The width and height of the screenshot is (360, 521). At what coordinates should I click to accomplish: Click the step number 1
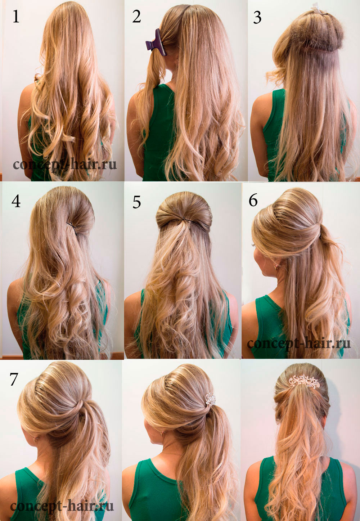point(16,17)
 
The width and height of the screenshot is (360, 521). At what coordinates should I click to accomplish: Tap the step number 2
point(136,17)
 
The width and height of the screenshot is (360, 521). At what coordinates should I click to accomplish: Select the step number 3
point(257,17)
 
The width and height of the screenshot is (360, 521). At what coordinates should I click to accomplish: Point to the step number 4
point(16,201)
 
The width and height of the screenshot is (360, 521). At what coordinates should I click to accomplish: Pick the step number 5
point(137,202)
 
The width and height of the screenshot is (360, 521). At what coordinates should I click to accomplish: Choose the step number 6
point(253,200)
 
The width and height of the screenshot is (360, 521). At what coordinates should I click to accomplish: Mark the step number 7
point(14,379)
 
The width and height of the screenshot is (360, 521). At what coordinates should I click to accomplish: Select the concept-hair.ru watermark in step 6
point(298,344)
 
